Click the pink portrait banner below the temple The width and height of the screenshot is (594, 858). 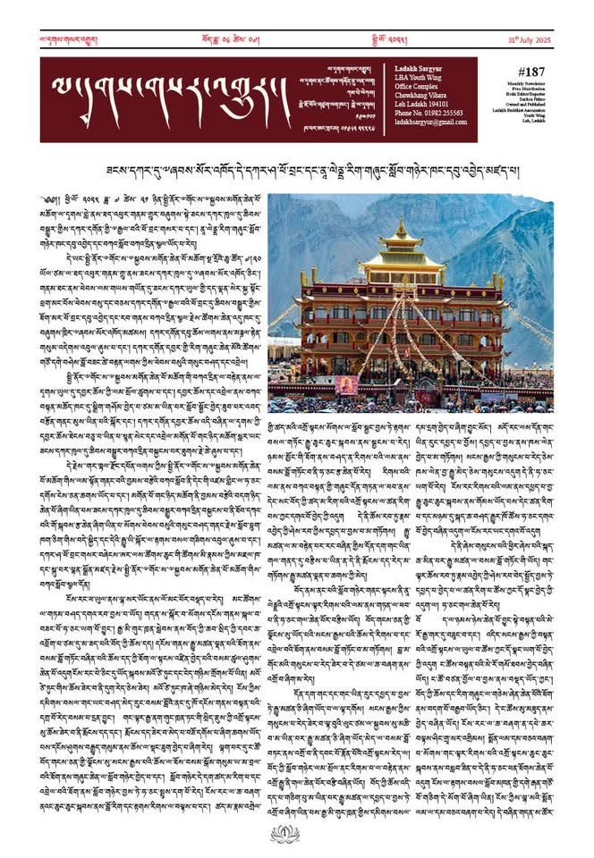pos(348,384)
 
